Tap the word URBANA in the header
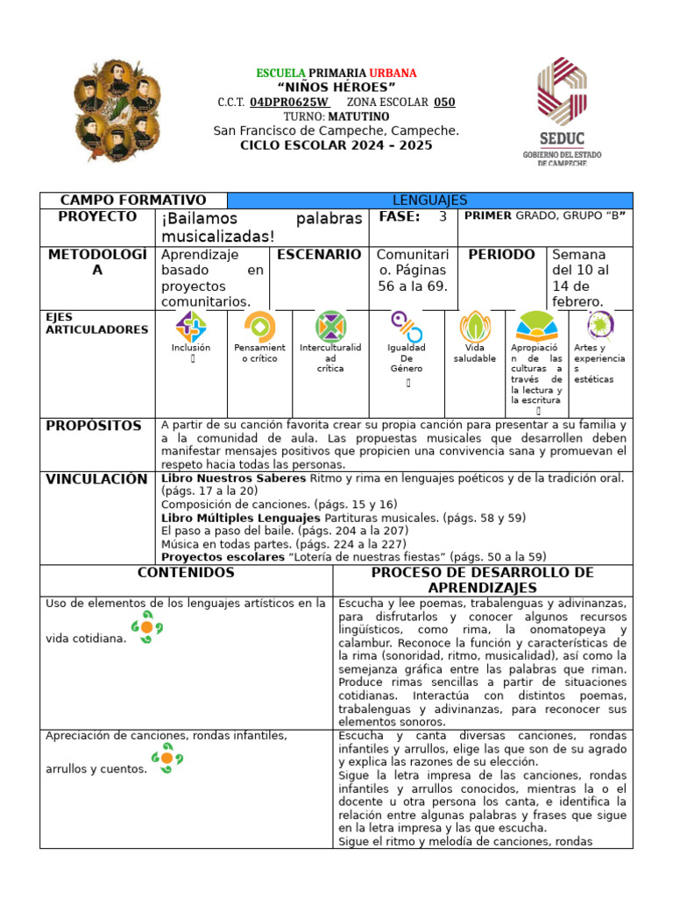393,73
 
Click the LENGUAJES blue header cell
429,201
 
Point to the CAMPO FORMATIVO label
133,201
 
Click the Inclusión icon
191,327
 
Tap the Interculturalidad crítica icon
330,327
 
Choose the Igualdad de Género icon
406,327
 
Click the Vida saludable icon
474,327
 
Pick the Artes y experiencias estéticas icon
600,326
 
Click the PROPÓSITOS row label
94,426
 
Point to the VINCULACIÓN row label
97,479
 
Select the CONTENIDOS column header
186,573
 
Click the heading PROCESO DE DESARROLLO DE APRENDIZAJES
482,580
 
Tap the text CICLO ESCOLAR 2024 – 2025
336,145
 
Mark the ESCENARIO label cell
319,255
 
